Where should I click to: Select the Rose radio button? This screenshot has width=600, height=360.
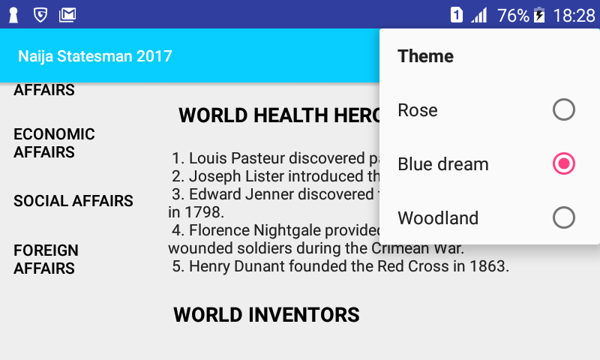point(564,109)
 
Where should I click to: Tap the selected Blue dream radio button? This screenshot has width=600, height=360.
point(564,163)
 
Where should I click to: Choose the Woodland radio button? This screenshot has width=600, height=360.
point(564,217)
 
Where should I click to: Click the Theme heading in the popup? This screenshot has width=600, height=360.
point(425,56)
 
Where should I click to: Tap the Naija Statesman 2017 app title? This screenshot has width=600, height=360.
point(95,56)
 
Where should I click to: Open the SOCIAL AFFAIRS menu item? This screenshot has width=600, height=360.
point(73,201)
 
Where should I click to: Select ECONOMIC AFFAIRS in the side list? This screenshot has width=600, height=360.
point(54,143)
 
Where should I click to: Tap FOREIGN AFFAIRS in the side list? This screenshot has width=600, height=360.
point(46,259)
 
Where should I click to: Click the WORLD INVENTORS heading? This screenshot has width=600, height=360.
point(266,315)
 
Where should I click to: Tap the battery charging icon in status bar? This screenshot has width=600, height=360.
point(539,15)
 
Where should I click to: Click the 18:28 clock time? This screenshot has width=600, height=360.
point(574,16)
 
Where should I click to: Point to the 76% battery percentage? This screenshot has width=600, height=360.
point(513,16)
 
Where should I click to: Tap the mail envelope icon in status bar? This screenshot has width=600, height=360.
point(67,15)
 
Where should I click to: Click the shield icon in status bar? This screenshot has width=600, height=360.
point(40,15)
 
